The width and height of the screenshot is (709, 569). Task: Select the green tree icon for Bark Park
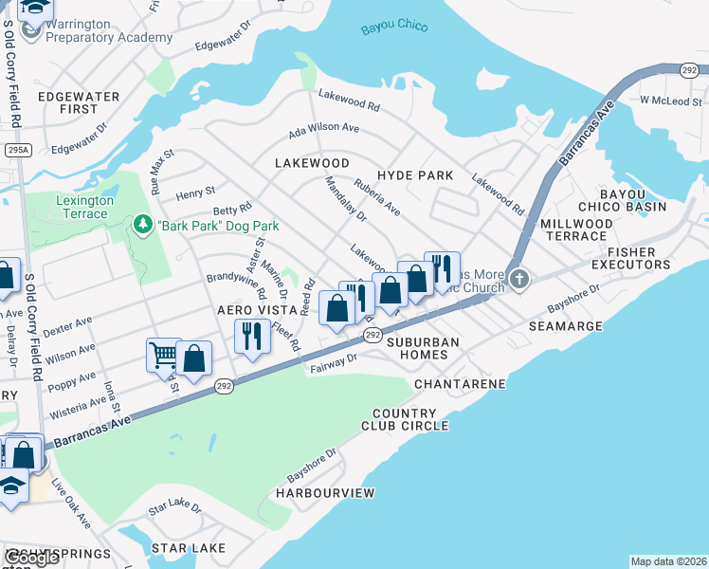pyautogui.click(x=143, y=225)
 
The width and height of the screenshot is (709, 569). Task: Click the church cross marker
pyautogui.click(x=518, y=279)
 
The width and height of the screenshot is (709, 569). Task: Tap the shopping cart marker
pyautogui.click(x=163, y=356)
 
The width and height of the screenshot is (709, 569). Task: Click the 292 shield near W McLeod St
pyautogui.click(x=690, y=70)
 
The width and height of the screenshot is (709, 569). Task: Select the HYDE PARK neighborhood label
pyautogui.click(x=415, y=175)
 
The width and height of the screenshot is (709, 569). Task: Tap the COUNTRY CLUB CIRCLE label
pyautogui.click(x=405, y=419)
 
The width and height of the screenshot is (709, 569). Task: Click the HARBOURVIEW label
pyautogui.click(x=325, y=493)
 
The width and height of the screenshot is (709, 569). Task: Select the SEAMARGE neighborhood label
pyautogui.click(x=565, y=325)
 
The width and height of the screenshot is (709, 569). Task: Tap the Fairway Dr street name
pyautogui.click(x=333, y=363)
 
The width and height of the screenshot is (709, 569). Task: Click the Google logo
pyautogui.click(x=31, y=558)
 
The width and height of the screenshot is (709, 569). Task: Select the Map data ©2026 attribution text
pyautogui.click(x=668, y=561)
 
